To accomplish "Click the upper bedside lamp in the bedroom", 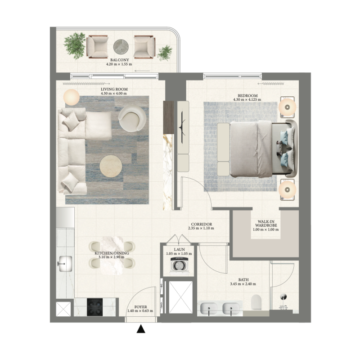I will point(287,107).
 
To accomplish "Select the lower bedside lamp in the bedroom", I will point(287,189).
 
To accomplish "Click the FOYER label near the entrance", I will point(140,306).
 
